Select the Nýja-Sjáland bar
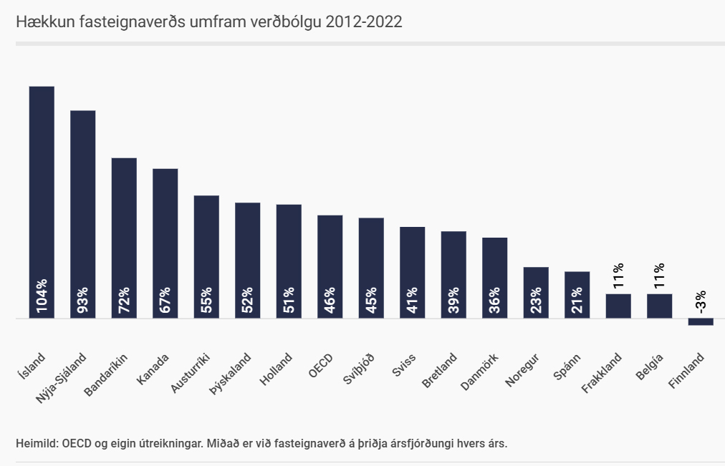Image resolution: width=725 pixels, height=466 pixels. pyautogui.click(x=82, y=193)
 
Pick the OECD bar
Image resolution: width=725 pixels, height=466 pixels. pyautogui.click(x=330, y=251)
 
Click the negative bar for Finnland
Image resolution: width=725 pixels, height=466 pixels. pyautogui.click(x=701, y=322)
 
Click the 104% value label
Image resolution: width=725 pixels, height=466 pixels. pyautogui.click(x=42, y=295)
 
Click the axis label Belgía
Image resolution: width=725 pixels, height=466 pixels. pyautogui.click(x=649, y=366)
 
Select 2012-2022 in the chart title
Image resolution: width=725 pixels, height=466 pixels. pyautogui.click(x=363, y=22)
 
